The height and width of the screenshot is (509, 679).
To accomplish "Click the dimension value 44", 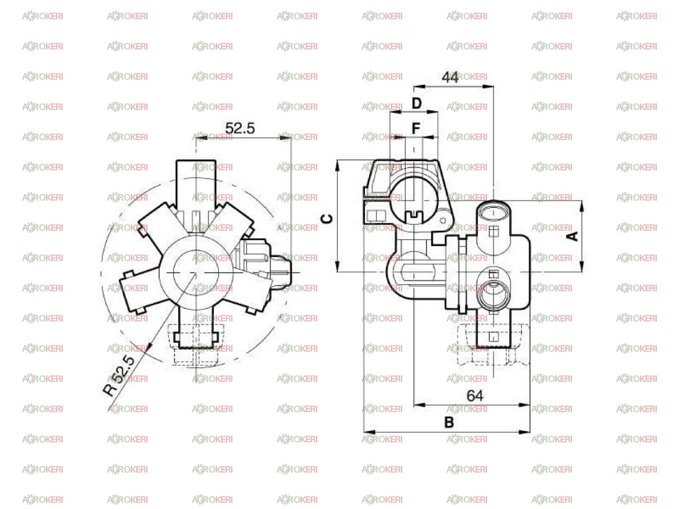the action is (449, 77).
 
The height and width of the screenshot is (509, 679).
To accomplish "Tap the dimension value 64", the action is (474, 396).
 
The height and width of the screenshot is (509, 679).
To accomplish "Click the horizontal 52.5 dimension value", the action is (240, 128).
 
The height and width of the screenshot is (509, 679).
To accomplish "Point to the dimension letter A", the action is (572, 236).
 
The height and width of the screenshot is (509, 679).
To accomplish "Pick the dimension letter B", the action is (449, 422).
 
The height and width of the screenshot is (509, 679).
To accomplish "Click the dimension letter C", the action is (327, 218).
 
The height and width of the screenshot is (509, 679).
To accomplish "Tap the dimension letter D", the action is (416, 103).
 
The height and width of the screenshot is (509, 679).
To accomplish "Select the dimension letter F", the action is (416, 128).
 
